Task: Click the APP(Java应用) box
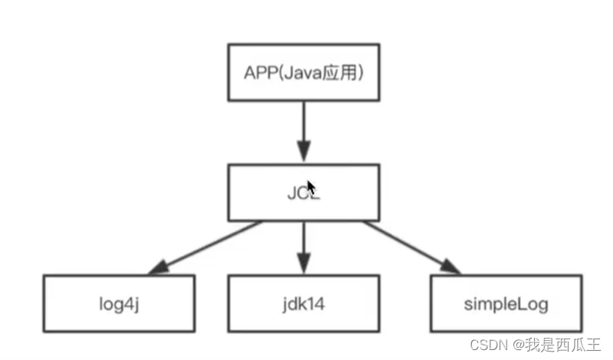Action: (303, 73)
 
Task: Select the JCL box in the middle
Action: (303, 192)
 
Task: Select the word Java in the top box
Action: (303, 74)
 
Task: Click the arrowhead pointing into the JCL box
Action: (303, 151)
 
